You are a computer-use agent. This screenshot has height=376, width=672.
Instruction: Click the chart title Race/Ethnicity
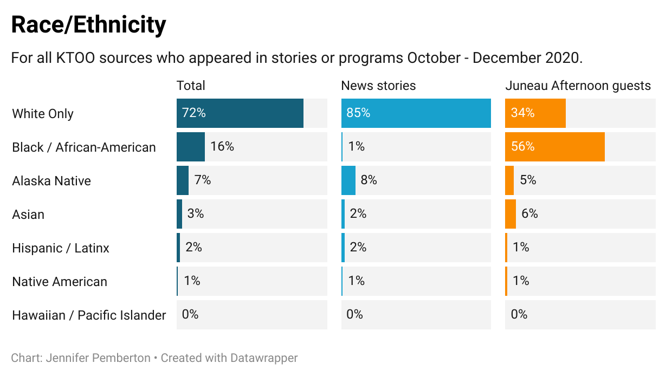click(88, 25)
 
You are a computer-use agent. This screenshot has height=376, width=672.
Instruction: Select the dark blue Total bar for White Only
click(240, 113)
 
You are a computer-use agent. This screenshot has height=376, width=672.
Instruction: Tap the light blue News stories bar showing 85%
click(416, 113)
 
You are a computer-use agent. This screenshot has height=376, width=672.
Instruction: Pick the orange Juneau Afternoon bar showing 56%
click(554, 147)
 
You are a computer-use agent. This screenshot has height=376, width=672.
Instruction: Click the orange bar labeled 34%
click(535, 113)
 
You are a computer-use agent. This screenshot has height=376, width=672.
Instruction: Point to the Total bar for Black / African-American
click(191, 147)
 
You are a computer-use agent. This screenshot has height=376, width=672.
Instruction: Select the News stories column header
click(378, 86)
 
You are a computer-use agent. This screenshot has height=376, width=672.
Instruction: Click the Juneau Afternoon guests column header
click(578, 86)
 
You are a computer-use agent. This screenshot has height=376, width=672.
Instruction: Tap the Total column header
click(191, 86)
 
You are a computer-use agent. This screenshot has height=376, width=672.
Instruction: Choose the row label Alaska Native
click(51, 181)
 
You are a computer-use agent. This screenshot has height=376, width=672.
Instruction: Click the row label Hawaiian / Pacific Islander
click(89, 315)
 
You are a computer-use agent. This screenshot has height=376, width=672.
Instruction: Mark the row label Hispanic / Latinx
click(61, 248)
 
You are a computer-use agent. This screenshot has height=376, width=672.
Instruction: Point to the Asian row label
click(28, 215)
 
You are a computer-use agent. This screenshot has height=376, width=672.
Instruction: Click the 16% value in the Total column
click(222, 146)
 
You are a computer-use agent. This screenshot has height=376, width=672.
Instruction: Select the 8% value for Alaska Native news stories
click(369, 180)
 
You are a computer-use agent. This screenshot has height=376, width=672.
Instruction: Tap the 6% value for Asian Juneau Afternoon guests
click(529, 213)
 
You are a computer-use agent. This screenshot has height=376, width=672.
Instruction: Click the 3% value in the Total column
click(196, 213)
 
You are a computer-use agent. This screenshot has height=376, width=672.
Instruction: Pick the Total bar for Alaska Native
click(183, 180)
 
